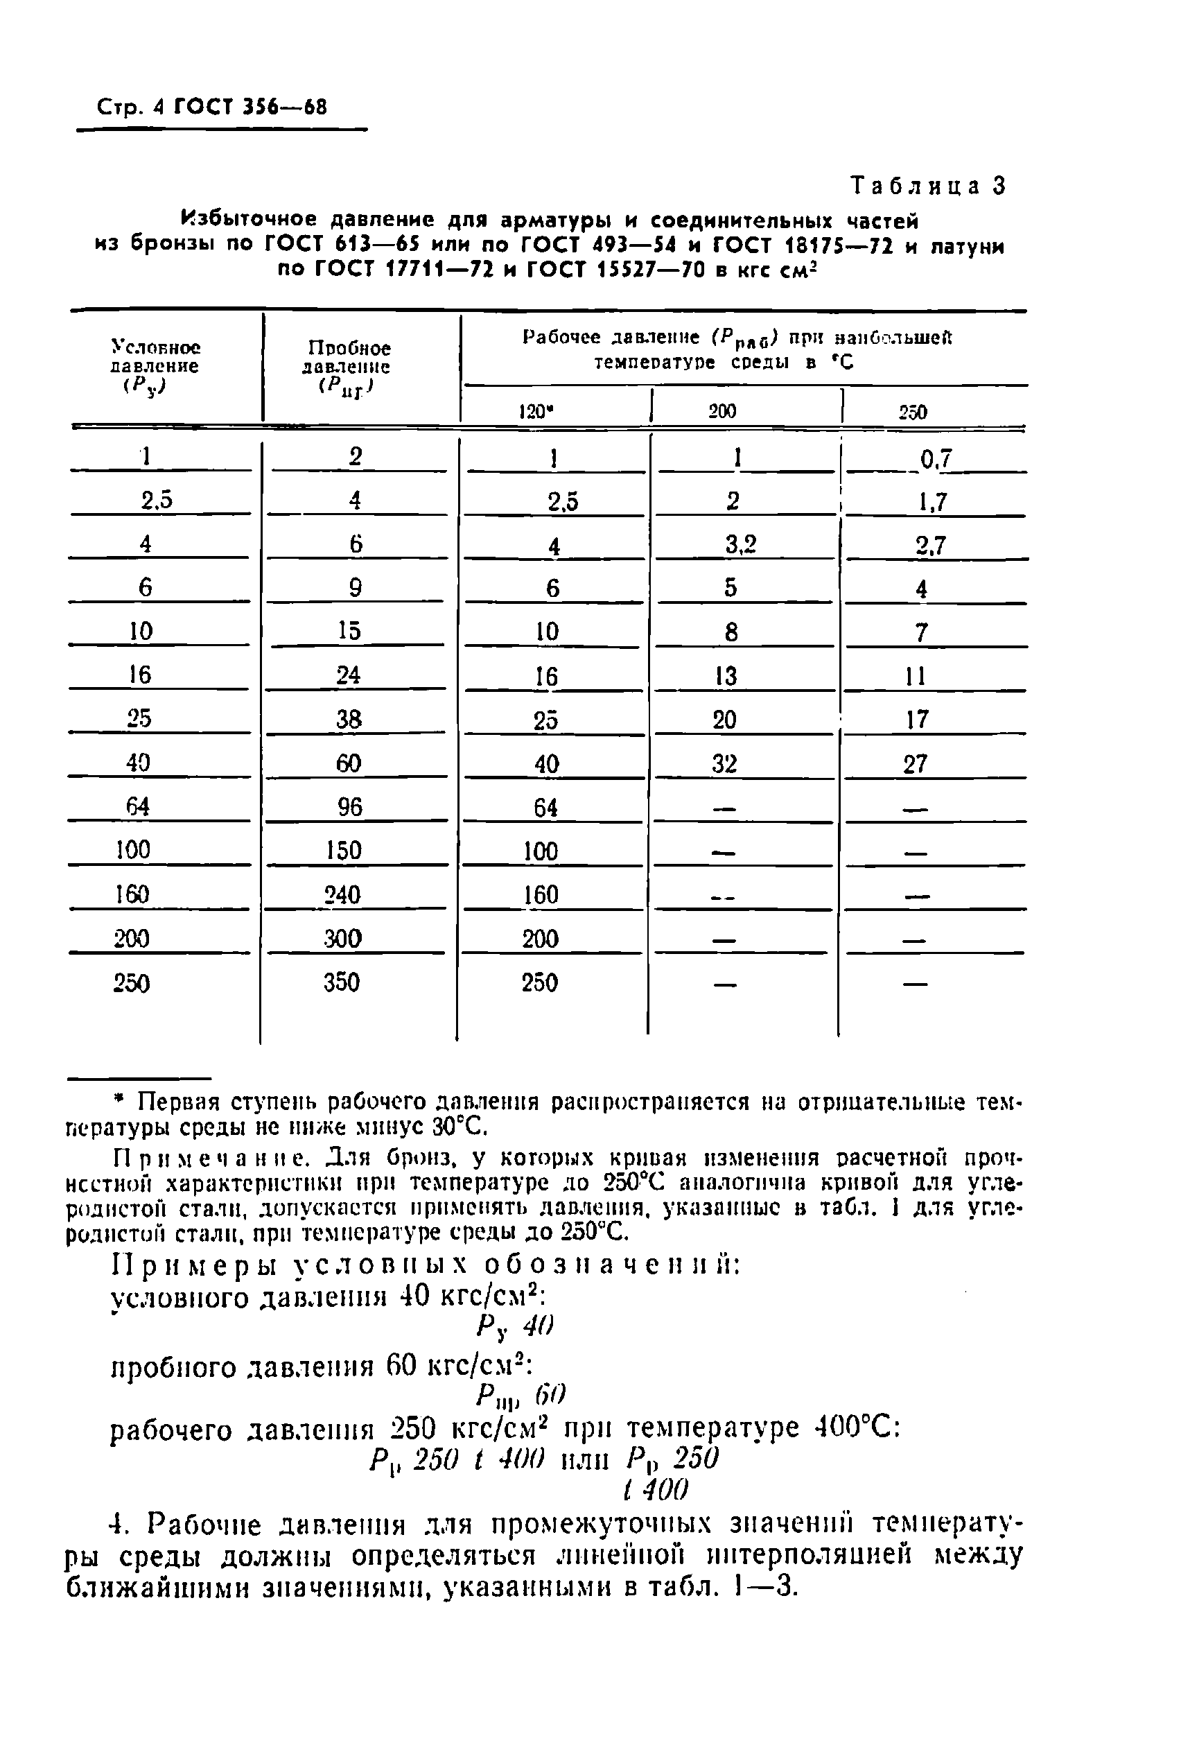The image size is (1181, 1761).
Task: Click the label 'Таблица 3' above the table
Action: [x=928, y=186]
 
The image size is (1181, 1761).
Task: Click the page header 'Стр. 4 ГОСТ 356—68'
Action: [x=212, y=107]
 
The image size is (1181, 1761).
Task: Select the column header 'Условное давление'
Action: [x=155, y=366]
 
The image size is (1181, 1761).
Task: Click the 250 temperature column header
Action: [x=913, y=412]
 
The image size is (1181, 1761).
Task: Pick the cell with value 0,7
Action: [x=936, y=458]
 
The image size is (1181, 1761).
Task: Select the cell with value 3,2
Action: [x=740, y=544]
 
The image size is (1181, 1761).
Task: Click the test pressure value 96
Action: [x=349, y=807]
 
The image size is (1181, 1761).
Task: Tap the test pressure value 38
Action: [x=349, y=720]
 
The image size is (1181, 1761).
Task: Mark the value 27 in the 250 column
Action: [x=915, y=764]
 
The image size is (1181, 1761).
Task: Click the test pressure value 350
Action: [x=341, y=982]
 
